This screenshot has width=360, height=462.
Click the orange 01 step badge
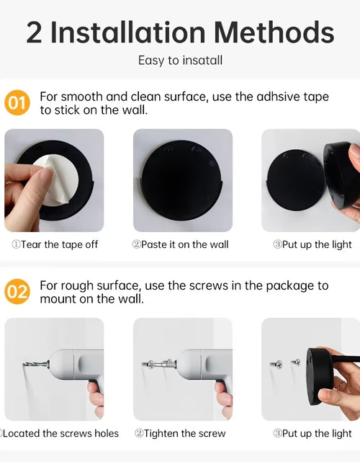(17, 102)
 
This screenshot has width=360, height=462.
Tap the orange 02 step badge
(17, 291)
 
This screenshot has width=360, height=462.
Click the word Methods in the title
(274, 32)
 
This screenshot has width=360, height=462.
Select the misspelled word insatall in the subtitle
(202, 60)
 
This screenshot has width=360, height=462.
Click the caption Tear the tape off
(55, 244)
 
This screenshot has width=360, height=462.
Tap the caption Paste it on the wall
(181, 244)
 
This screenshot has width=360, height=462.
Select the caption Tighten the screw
(180, 433)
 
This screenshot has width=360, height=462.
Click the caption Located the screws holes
(60, 433)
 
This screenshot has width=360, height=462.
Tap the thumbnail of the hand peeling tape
(54, 180)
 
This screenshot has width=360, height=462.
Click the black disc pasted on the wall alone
(182, 180)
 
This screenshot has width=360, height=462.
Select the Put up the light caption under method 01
(312, 244)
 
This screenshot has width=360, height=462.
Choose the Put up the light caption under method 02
(312, 433)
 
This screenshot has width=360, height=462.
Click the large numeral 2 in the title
(34, 33)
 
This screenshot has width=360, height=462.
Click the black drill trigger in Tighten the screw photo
(220, 384)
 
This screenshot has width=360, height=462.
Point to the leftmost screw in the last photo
(276, 365)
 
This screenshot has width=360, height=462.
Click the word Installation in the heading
(127, 32)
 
